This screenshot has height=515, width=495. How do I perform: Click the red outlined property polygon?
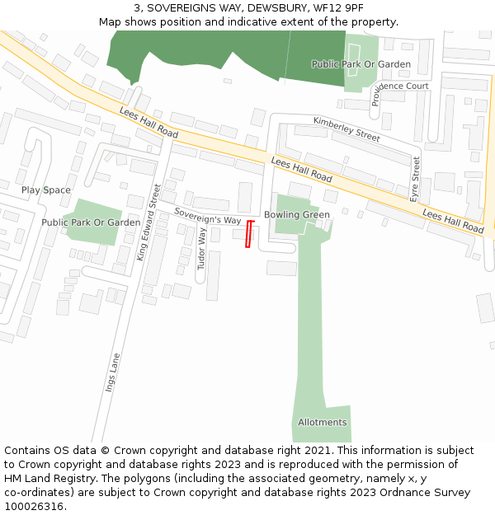pyautogui.click(x=249, y=234)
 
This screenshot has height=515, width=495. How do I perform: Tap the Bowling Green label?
pyautogui.click(x=296, y=215)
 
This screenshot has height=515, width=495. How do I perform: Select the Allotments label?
pyautogui.click(x=323, y=423)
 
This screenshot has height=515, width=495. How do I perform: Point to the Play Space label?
pyautogui.click(x=46, y=190)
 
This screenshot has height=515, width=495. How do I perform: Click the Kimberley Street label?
pyautogui.click(x=346, y=129)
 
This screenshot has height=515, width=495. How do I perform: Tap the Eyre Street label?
pyautogui.click(x=415, y=179)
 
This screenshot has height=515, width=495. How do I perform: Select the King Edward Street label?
pyautogui.click(x=148, y=223)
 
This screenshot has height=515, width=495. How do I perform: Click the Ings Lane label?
pyautogui.click(x=113, y=372)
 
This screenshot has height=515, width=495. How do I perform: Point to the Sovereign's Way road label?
pyautogui.click(x=207, y=216)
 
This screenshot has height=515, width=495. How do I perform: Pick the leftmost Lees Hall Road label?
pyautogui.click(x=148, y=122)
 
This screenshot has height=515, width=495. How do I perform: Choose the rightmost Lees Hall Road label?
pyautogui.click(x=452, y=220)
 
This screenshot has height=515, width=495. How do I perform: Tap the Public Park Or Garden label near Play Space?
pyautogui.click(x=91, y=222)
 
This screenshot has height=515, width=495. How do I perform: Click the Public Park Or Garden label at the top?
pyautogui.click(x=361, y=64)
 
